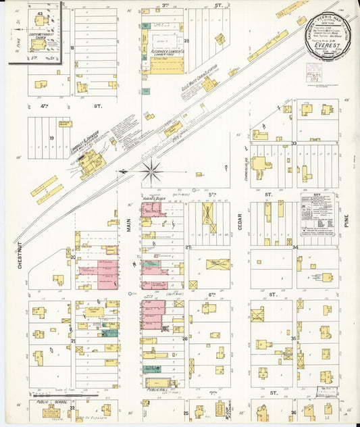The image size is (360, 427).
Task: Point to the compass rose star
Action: pos(151,170)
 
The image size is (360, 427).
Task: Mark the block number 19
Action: pos(51,136)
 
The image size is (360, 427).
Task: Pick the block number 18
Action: pos(72,48)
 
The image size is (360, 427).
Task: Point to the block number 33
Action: pos(294,143)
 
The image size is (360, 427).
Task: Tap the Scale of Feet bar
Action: pos(57,393)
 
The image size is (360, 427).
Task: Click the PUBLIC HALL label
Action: pos(157,390)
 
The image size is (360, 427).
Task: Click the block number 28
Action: pos(186,41)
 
